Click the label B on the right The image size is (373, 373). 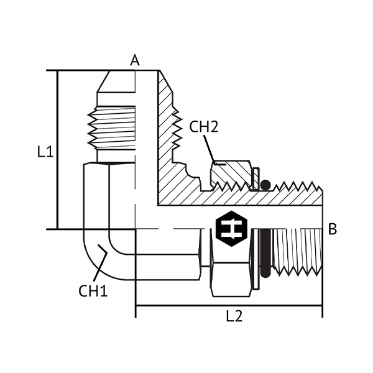pos(333,229)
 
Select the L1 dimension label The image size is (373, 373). pos(45,152)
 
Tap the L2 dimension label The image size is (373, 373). pos(234,316)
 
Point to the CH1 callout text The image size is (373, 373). pos(93,291)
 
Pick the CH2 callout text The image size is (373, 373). pos(203,127)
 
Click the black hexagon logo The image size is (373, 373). pos(231,229)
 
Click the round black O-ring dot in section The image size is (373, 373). pos(265,185)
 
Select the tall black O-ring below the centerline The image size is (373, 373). pos(265,254)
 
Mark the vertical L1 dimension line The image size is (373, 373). pos(57,150)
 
